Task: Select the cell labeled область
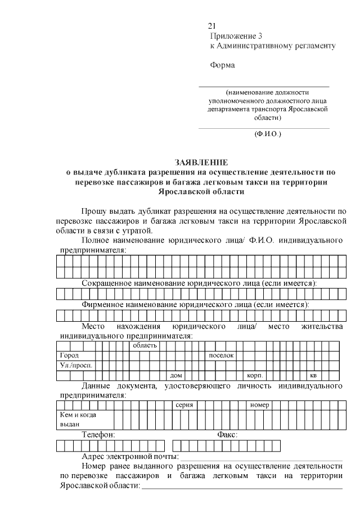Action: (x=145, y=345)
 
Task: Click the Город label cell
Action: (x=70, y=355)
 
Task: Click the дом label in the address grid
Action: (x=177, y=375)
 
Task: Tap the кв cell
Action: (x=313, y=375)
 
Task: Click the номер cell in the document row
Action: (x=260, y=405)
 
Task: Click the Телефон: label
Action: (x=98, y=435)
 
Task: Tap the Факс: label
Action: (x=227, y=435)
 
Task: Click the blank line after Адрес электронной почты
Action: (x=261, y=457)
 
